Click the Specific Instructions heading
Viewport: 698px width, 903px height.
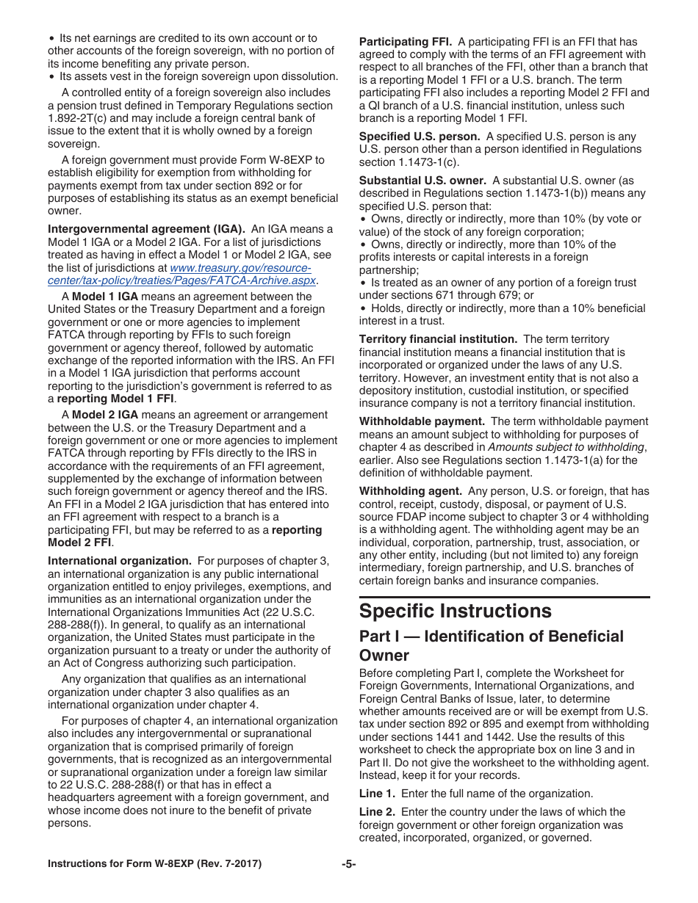pyautogui.click(x=455, y=612)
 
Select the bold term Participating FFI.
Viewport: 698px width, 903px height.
pyautogui.click(x=405, y=42)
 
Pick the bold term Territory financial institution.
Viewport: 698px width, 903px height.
pyautogui.click(x=438, y=339)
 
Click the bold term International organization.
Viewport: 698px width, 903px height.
pyautogui.click(x=120, y=561)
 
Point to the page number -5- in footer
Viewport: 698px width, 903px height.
pyautogui.click(x=348, y=864)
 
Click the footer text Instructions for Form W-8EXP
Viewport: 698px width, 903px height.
pyautogui.click(x=154, y=864)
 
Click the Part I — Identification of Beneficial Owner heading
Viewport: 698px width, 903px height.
pyautogui.click(x=491, y=645)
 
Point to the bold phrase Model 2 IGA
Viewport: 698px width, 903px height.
pyautogui.click(x=105, y=415)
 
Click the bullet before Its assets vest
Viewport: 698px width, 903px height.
pyautogui.click(x=52, y=76)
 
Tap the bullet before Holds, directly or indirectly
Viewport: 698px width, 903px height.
pyautogui.click(x=363, y=308)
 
